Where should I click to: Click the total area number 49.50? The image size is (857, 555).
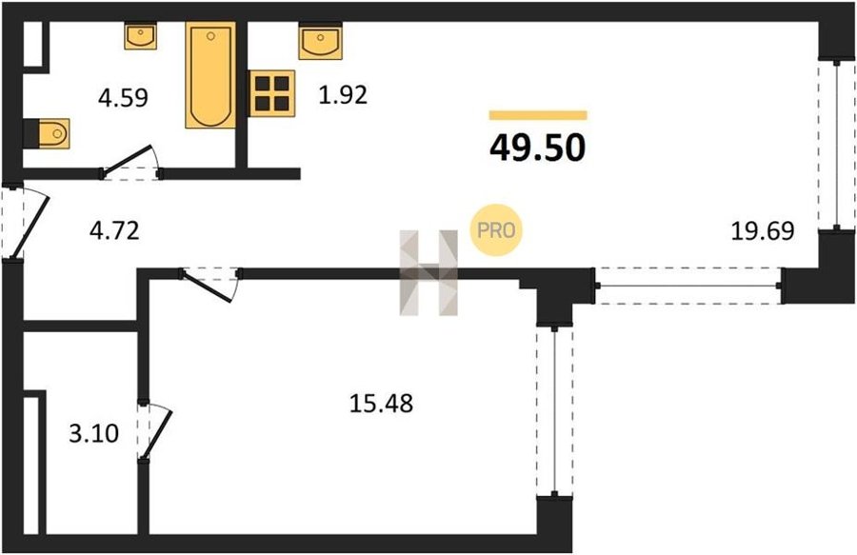click(x=537, y=148)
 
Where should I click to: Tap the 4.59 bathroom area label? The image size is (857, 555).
click(x=123, y=98)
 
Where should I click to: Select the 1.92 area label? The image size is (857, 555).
click(x=343, y=94)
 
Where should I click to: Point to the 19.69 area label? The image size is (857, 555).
click(x=763, y=230)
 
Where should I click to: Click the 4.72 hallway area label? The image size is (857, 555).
click(x=114, y=230)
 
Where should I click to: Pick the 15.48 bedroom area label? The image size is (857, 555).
click(x=381, y=404)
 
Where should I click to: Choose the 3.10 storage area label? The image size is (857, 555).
click(x=94, y=434)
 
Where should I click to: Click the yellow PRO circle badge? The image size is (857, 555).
click(x=496, y=230)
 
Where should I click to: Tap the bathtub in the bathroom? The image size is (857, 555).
click(x=210, y=75)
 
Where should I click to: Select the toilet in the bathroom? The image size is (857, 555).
click(x=48, y=133)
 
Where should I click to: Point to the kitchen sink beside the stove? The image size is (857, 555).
click(x=320, y=40)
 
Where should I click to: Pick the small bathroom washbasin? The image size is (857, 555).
click(x=141, y=35)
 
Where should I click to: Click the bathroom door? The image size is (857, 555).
click(x=130, y=163)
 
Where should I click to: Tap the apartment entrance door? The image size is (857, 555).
click(x=25, y=223)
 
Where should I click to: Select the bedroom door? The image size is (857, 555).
click(x=210, y=284)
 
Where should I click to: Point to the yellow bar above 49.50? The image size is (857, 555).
click(x=538, y=115)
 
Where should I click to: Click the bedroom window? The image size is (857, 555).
click(x=554, y=411)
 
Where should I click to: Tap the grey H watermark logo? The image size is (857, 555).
click(x=429, y=272)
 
